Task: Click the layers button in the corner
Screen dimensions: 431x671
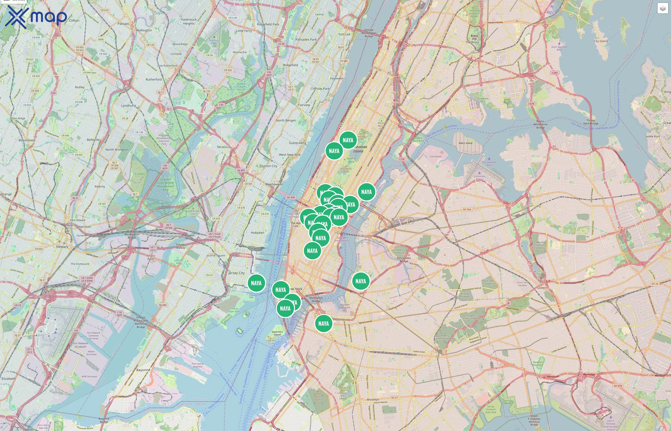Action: tap(662, 8)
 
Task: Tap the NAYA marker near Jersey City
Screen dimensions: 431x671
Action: tap(256, 283)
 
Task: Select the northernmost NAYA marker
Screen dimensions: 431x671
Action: tap(348, 140)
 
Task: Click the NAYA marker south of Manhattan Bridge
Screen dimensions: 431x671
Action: tap(324, 323)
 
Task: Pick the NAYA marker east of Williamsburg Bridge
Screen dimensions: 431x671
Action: tap(360, 281)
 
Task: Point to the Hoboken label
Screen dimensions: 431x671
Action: tap(257, 233)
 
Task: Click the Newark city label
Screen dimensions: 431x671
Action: tap(62, 247)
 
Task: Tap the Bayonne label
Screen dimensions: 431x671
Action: tap(143, 370)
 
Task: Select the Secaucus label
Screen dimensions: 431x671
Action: tap(224, 147)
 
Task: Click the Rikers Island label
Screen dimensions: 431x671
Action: tap(465, 143)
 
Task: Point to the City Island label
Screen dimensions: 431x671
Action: tap(601, 41)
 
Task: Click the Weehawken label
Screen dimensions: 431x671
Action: tap(274, 184)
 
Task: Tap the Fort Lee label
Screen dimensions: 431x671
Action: tap(344, 34)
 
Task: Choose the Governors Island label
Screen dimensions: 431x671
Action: tap(277, 333)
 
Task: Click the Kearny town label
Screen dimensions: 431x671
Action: tap(100, 186)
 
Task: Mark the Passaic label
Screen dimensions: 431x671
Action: tap(123, 24)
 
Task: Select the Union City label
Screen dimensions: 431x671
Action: tap(269, 166)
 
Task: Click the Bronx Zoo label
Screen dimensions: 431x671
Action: tap(474, 37)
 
